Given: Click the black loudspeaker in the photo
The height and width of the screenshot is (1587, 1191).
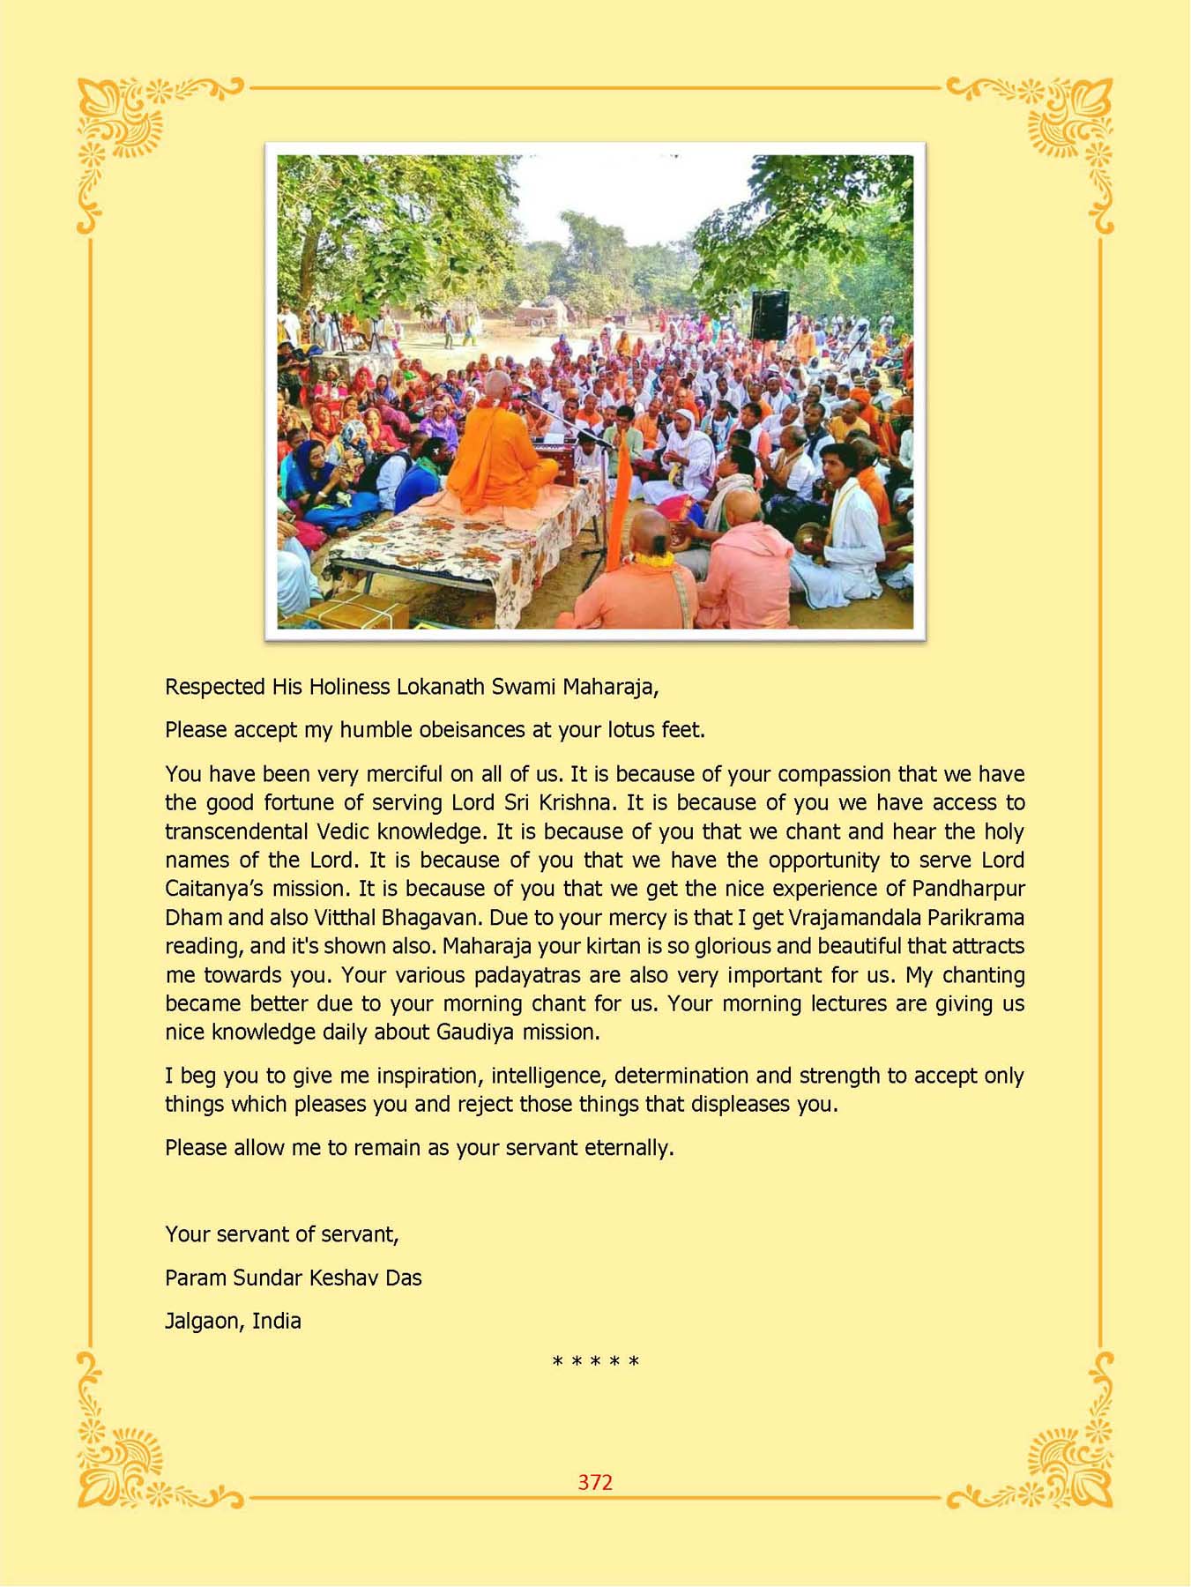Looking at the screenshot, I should coord(770,315).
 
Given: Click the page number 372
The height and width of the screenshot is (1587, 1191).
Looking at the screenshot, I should coord(595,1482).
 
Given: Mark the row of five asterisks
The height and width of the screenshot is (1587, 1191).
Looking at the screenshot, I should coord(595,1363).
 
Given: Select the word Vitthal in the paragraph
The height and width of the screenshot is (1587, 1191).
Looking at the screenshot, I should coord(344,918).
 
